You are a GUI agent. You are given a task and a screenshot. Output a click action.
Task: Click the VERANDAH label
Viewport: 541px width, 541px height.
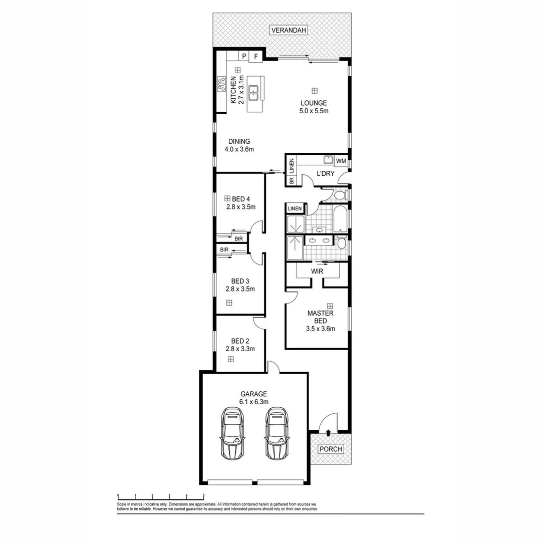(x=288, y=30)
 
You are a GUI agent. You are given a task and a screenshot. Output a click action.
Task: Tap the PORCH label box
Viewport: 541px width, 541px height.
(x=331, y=449)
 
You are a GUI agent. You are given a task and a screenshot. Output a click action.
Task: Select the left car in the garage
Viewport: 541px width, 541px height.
(x=232, y=433)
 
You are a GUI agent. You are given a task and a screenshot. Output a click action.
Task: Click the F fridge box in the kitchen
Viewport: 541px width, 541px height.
(x=256, y=56)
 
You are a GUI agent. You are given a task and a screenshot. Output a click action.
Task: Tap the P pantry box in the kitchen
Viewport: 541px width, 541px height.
(x=244, y=56)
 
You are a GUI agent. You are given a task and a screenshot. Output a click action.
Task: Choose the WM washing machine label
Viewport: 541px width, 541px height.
(x=341, y=161)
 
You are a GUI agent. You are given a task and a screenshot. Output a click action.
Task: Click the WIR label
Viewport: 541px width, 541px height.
(x=317, y=271)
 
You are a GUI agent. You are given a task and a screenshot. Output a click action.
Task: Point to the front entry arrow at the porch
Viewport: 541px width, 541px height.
(x=328, y=432)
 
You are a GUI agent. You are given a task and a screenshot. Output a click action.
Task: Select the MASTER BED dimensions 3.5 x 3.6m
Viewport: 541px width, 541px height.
(x=320, y=329)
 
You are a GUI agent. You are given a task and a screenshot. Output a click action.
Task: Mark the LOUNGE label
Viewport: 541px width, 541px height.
(x=314, y=103)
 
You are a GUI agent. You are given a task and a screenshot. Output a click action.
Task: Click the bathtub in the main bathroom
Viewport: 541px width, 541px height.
(x=340, y=219)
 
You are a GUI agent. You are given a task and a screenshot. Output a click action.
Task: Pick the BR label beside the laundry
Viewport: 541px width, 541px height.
(x=291, y=180)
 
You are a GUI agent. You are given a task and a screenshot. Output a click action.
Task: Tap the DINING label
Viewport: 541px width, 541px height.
(x=239, y=141)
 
